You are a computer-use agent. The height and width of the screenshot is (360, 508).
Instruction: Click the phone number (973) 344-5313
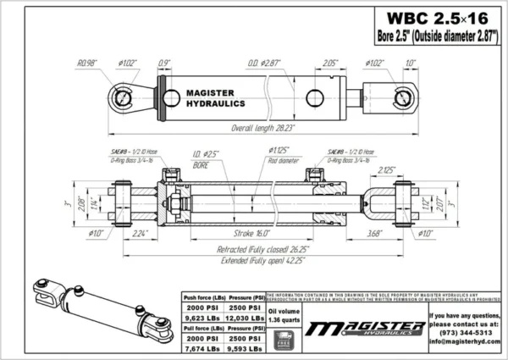[x=466, y=333]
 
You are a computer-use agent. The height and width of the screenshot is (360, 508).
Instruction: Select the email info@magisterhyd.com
[x=465, y=343]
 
